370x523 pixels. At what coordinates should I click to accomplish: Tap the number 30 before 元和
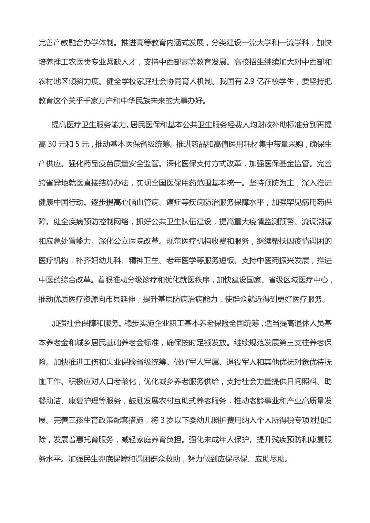click(52, 144)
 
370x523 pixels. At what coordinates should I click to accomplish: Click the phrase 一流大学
click(247, 43)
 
